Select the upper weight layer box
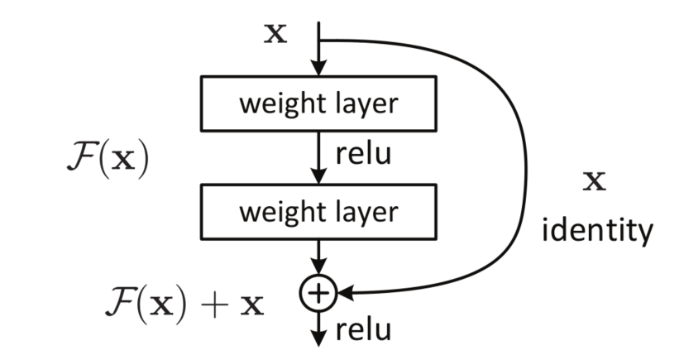point(318,104)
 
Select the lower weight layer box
point(318,212)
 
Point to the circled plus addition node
point(318,292)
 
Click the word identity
point(596,230)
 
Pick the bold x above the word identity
point(594,181)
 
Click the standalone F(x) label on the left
point(105,159)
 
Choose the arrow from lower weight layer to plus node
point(318,257)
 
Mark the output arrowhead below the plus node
point(318,338)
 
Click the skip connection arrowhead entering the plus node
point(341,292)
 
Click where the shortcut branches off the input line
point(318,40)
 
